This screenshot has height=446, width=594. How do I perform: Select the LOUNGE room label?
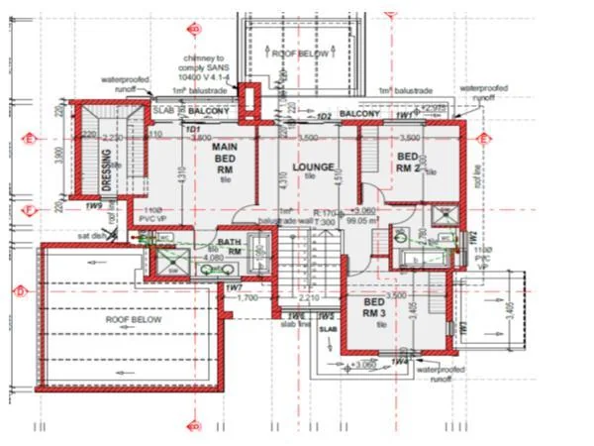pos(313,167)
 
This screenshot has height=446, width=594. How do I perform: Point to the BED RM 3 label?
pos(373,306)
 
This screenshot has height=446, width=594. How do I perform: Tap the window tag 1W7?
pos(235,287)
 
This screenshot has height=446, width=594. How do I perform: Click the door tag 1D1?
pos(194,129)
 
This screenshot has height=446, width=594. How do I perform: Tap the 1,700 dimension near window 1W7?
pos(247,296)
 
